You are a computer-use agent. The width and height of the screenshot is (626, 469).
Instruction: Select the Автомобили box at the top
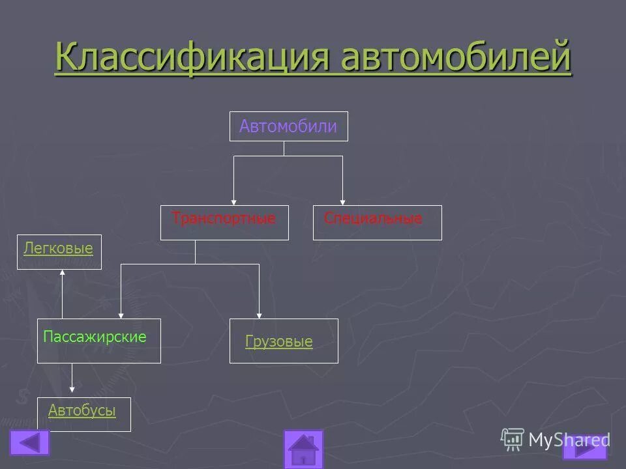tap(288, 126)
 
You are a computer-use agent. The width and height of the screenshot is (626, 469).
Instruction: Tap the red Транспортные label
tap(224, 219)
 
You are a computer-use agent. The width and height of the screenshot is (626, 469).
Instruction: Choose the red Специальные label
tap(373, 219)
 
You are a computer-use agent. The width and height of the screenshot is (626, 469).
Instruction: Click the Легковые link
tap(58, 248)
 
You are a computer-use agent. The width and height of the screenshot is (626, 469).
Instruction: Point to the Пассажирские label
tap(95, 337)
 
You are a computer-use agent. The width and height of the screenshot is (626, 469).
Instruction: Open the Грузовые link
tap(279, 341)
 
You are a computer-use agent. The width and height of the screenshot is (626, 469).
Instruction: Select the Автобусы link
tap(82, 410)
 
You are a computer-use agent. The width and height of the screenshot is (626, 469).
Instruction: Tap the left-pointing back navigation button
tap(29, 443)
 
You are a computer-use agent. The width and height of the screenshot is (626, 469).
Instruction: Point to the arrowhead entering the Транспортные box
tap(234, 202)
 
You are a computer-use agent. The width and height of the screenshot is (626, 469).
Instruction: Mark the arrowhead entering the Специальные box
tap(342, 202)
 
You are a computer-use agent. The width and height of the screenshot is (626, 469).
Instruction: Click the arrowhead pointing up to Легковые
tap(63, 273)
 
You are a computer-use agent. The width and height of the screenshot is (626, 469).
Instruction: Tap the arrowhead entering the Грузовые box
tap(260, 315)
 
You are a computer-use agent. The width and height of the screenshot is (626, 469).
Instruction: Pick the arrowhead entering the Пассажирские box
tap(121, 315)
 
